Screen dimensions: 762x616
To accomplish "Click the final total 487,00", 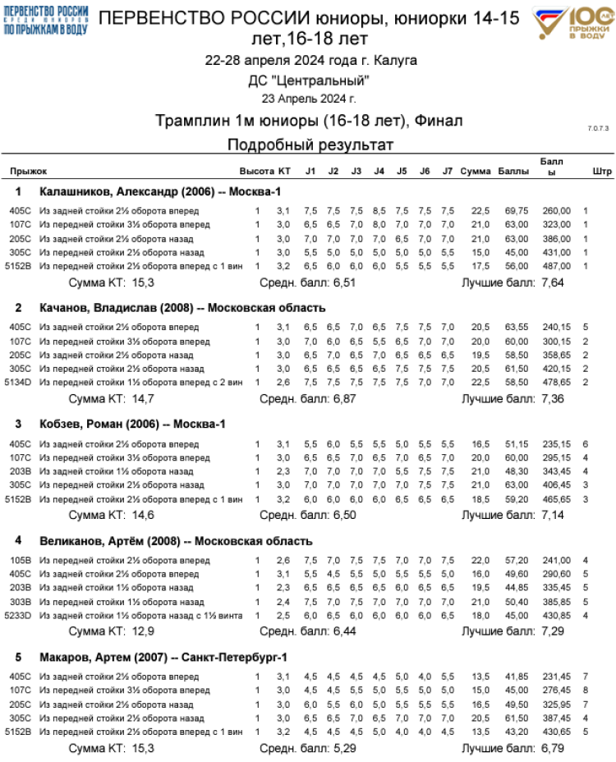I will (x=556, y=266).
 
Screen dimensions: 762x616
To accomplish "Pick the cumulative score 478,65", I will (x=556, y=383).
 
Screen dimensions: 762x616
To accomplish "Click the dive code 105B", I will (x=21, y=560).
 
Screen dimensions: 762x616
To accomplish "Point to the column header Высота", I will (x=256, y=172).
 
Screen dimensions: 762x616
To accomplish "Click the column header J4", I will (x=379, y=172).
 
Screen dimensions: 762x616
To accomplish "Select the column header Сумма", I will (x=475, y=172).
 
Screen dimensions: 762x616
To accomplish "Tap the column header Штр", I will (x=601, y=172).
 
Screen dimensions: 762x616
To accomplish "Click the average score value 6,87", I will (x=342, y=398).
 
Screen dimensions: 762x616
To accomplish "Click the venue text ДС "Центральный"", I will (x=309, y=80).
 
